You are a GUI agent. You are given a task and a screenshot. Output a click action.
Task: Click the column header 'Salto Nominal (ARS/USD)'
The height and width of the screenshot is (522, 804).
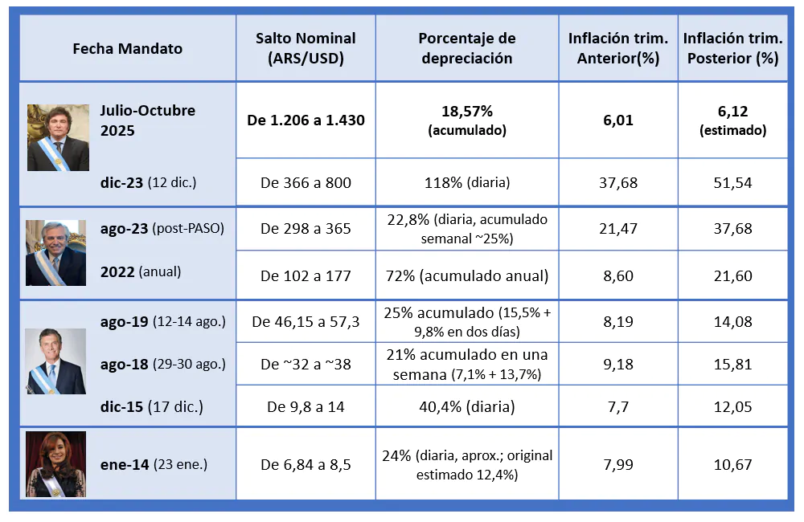(x=306, y=48)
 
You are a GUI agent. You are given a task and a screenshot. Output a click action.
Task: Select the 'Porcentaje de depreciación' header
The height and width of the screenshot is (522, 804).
(x=467, y=48)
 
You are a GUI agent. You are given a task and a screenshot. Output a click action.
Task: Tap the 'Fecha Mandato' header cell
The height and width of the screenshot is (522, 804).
(x=127, y=48)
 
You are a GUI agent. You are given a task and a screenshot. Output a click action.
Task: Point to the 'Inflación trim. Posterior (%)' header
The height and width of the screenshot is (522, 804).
(x=732, y=48)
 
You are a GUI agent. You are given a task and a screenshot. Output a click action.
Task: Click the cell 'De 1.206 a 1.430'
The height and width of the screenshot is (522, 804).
(x=306, y=120)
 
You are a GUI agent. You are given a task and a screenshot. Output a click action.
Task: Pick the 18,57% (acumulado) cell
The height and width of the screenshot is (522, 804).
(x=467, y=120)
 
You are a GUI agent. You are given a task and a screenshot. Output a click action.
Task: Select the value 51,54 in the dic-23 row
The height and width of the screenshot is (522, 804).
(x=732, y=182)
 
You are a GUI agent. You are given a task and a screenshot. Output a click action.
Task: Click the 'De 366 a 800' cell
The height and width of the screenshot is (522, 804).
(x=306, y=182)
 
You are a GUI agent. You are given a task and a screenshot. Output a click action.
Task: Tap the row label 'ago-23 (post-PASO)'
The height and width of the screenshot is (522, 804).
(x=162, y=229)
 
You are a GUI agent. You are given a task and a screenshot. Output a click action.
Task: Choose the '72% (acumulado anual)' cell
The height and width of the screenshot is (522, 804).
(x=467, y=275)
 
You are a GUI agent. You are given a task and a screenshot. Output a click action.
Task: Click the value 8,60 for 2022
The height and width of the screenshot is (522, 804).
(x=618, y=275)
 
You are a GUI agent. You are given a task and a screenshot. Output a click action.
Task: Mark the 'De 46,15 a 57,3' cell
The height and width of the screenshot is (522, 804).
(x=306, y=322)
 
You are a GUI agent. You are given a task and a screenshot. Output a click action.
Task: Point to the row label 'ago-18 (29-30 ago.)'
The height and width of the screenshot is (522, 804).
(x=162, y=365)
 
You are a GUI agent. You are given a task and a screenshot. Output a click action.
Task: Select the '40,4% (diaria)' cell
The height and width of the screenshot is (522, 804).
(x=467, y=406)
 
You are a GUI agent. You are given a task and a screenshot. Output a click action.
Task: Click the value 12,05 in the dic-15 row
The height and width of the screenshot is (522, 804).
(x=732, y=406)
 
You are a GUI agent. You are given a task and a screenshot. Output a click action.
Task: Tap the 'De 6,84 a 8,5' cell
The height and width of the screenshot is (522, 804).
(x=306, y=465)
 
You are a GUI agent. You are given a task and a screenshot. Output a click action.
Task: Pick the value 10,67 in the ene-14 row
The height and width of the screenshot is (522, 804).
(x=732, y=465)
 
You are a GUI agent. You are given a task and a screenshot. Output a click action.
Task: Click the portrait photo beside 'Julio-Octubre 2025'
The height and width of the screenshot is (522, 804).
(x=58, y=137)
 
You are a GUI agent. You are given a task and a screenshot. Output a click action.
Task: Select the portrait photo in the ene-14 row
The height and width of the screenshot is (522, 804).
(x=55, y=464)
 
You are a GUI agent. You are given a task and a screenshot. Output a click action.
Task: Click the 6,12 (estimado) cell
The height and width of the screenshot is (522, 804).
(x=732, y=120)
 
